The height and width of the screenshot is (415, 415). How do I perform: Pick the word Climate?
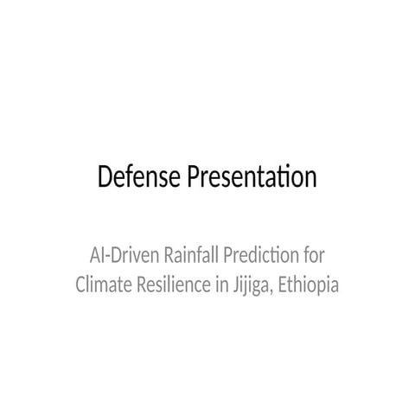pos(103,284)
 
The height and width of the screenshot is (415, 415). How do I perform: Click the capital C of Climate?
pos(81,284)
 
